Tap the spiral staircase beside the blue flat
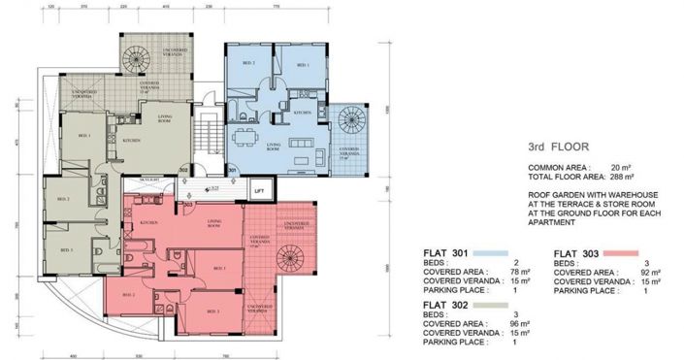[x=350, y=123]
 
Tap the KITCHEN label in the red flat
[x=148, y=222]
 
